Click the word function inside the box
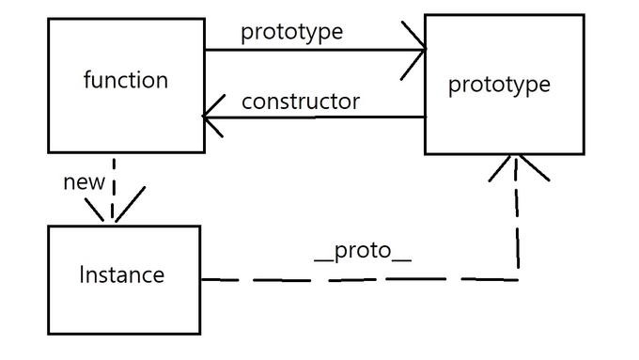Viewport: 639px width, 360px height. pos(126,81)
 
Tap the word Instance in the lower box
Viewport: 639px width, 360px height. pos(122,275)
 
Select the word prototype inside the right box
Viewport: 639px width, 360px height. pos(499,85)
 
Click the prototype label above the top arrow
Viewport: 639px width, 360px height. pos(291,31)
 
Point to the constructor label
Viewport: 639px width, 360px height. pos(300,102)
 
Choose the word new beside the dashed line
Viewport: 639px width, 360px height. pos(84,182)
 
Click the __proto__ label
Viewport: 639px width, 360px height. pos(362,254)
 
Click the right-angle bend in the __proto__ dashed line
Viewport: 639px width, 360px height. pos(517,279)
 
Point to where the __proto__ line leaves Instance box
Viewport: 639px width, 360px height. pos(202,279)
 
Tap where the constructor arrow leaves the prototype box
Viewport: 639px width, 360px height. pos(425,117)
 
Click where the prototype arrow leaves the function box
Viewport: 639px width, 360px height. pos(206,51)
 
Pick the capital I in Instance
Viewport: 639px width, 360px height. pos(83,275)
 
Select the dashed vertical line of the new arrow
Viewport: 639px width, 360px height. pos(113,183)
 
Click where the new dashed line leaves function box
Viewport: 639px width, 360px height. pos(113,153)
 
